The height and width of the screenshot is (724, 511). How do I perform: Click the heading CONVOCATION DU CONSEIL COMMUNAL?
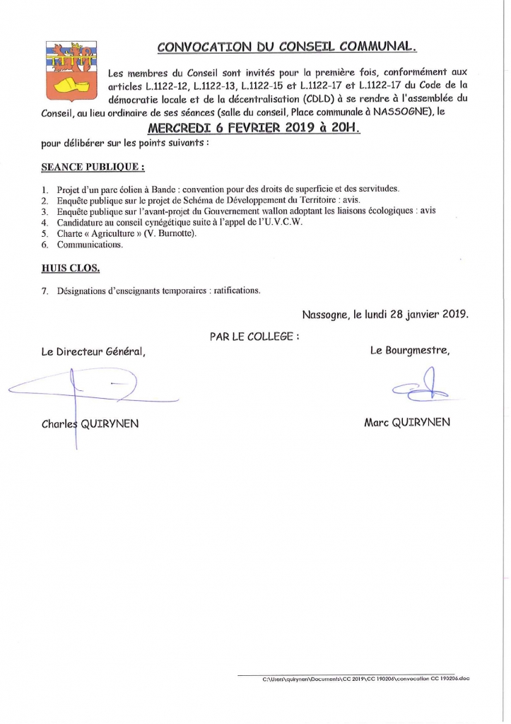click(x=287, y=47)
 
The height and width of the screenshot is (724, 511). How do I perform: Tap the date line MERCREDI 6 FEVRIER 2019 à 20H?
click(x=254, y=128)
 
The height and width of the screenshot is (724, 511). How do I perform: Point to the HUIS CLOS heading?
click(x=70, y=268)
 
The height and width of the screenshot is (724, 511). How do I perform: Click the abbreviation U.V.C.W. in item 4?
click(x=282, y=222)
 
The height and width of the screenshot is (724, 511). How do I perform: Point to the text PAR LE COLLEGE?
click(x=254, y=337)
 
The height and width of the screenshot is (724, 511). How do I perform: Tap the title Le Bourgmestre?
click(x=410, y=349)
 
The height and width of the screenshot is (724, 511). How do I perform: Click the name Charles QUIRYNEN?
click(x=90, y=424)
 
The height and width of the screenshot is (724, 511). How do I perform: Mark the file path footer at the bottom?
click(x=365, y=679)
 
